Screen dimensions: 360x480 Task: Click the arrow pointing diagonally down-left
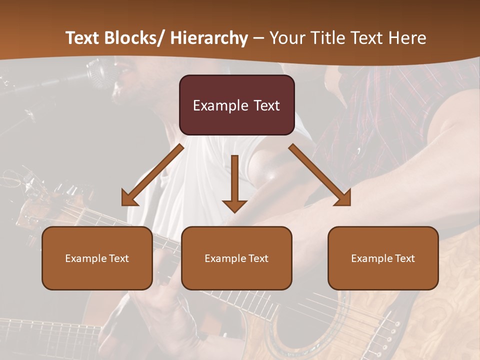152,175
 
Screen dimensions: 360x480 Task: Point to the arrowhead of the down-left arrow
129,198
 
